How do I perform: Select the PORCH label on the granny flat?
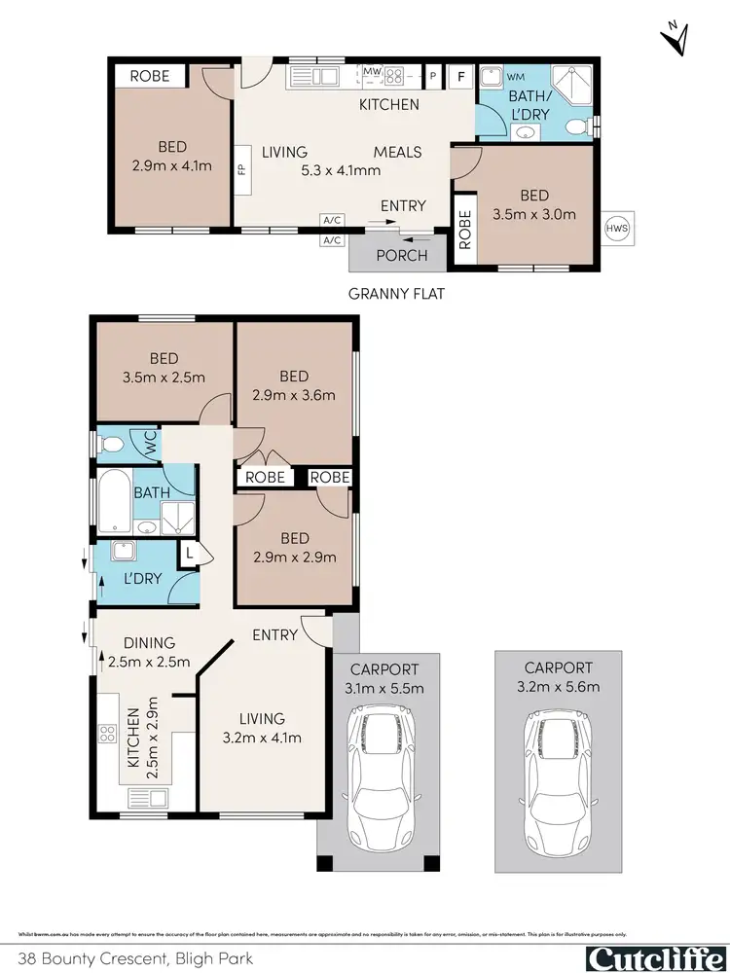click(x=401, y=256)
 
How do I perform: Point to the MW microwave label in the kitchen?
click(x=372, y=72)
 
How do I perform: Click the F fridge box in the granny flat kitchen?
click(x=461, y=74)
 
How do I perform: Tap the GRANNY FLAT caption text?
click(x=396, y=293)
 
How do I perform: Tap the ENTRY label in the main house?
click(x=275, y=634)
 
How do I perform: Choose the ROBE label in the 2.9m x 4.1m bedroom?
click(x=150, y=76)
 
